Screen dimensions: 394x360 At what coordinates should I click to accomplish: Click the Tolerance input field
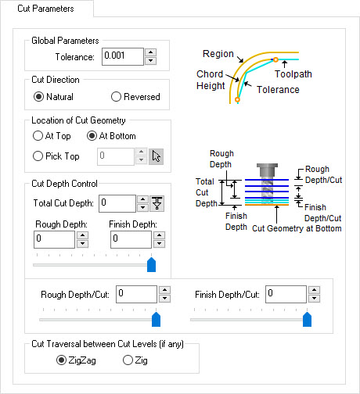click(121, 57)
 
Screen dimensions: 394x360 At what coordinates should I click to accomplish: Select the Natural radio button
click(38, 97)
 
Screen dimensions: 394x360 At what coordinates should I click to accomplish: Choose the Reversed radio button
click(117, 97)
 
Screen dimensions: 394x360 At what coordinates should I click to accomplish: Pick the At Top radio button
click(38, 136)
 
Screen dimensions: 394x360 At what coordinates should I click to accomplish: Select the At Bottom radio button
click(92, 136)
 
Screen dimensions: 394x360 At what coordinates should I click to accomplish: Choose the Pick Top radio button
click(38, 156)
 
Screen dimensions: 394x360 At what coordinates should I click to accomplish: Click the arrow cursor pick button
click(157, 156)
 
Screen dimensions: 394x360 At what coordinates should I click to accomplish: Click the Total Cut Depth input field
click(117, 203)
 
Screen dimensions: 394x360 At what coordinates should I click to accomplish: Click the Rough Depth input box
click(54, 239)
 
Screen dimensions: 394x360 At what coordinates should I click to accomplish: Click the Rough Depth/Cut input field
click(136, 294)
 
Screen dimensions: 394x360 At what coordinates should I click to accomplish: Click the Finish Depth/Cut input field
click(286, 294)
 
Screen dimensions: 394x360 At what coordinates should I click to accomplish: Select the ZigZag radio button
click(62, 360)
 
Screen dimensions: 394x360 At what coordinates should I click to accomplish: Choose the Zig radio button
click(128, 360)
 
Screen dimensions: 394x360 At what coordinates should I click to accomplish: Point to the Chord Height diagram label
click(211, 81)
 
